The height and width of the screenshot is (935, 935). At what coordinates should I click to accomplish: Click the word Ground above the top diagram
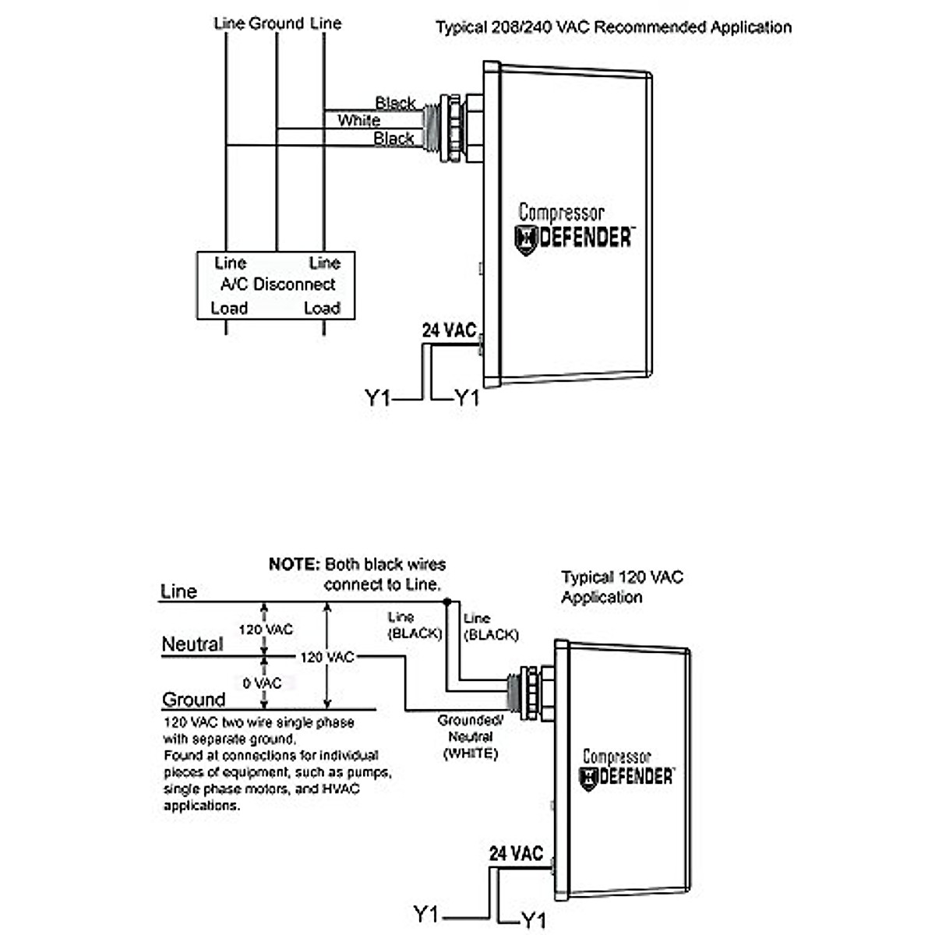(x=276, y=23)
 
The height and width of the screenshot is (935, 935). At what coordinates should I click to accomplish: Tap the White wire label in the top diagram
(x=358, y=121)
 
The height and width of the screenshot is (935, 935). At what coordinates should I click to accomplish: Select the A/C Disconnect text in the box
(x=277, y=284)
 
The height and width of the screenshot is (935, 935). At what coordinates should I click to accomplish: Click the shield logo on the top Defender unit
(x=527, y=239)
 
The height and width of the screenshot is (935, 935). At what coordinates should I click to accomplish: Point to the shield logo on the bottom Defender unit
(x=588, y=778)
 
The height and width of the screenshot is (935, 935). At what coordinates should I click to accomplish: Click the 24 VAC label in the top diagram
(x=449, y=330)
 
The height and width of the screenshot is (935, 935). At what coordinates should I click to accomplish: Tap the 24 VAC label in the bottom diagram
(x=516, y=853)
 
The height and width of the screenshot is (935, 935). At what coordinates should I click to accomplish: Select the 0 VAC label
(x=262, y=683)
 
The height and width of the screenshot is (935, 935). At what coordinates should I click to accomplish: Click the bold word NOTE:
(x=294, y=564)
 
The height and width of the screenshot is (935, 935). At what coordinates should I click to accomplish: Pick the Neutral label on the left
(x=192, y=644)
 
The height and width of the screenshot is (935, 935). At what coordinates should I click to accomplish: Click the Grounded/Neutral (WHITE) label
(x=471, y=737)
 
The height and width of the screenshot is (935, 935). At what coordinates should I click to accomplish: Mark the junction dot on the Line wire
(x=446, y=602)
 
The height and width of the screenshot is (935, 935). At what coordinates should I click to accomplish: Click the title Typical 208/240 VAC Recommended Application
(x=613, y=27)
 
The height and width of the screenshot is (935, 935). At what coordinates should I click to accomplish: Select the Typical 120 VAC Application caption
(x=621, y=587)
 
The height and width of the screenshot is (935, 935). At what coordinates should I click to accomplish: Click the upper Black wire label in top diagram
(x=395, y=103)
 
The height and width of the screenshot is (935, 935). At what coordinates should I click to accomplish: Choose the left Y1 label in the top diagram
(x=378, y=398)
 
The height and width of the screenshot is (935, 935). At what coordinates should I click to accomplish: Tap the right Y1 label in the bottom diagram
(x=533, y=920)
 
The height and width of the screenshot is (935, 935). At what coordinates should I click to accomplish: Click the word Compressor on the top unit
(x=561, y=212)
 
